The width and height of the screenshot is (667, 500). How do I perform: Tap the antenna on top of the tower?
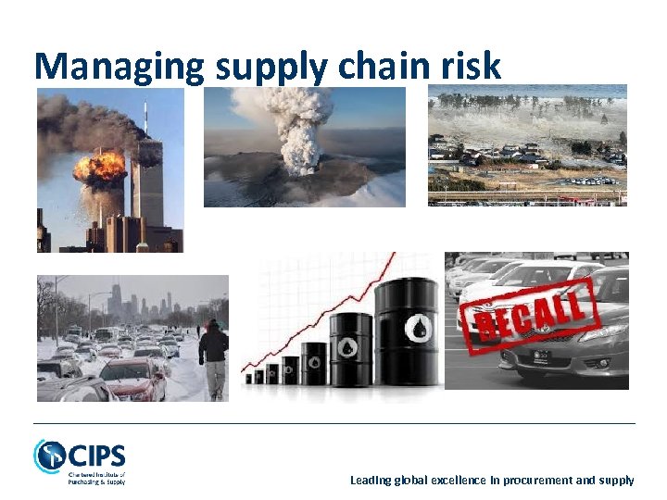(x=145, y=119)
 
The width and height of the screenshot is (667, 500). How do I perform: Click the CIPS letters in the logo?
(x=95, y=456)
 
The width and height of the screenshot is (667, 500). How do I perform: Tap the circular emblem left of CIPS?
(x=49, y=456)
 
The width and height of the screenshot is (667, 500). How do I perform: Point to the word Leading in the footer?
(x=371, y=480)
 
